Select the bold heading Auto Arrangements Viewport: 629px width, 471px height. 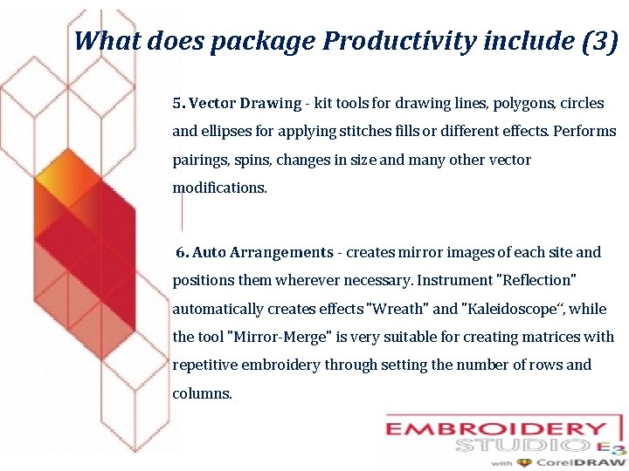262,252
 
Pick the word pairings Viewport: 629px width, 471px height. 198,160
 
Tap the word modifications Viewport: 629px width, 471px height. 219,188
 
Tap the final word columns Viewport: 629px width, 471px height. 202,393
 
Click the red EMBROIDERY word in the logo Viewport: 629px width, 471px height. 496,430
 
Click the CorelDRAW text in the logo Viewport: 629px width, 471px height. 580,462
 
